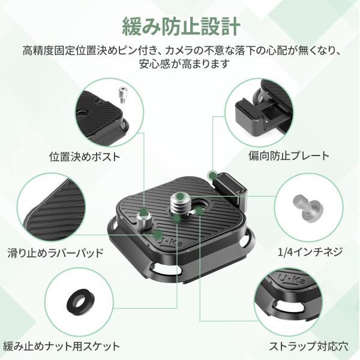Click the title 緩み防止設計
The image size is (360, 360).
click(x=181, y=26)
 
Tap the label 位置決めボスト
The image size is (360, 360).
click(x=85, y=157)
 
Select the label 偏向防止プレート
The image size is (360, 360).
click(x=289, y=156)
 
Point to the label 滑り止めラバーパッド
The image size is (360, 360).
click(x=55, y=253)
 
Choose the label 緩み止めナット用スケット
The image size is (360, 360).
click(x=61, y=346)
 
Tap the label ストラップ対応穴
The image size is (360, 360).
click(x=308, y=346)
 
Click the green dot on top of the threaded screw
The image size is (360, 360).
click(x=180, y=196)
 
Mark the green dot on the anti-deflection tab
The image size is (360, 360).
click(x=213, y=176)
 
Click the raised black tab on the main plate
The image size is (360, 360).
click(x=230, y=189)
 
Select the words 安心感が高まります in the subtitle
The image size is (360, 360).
click(x=184, y=64)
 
